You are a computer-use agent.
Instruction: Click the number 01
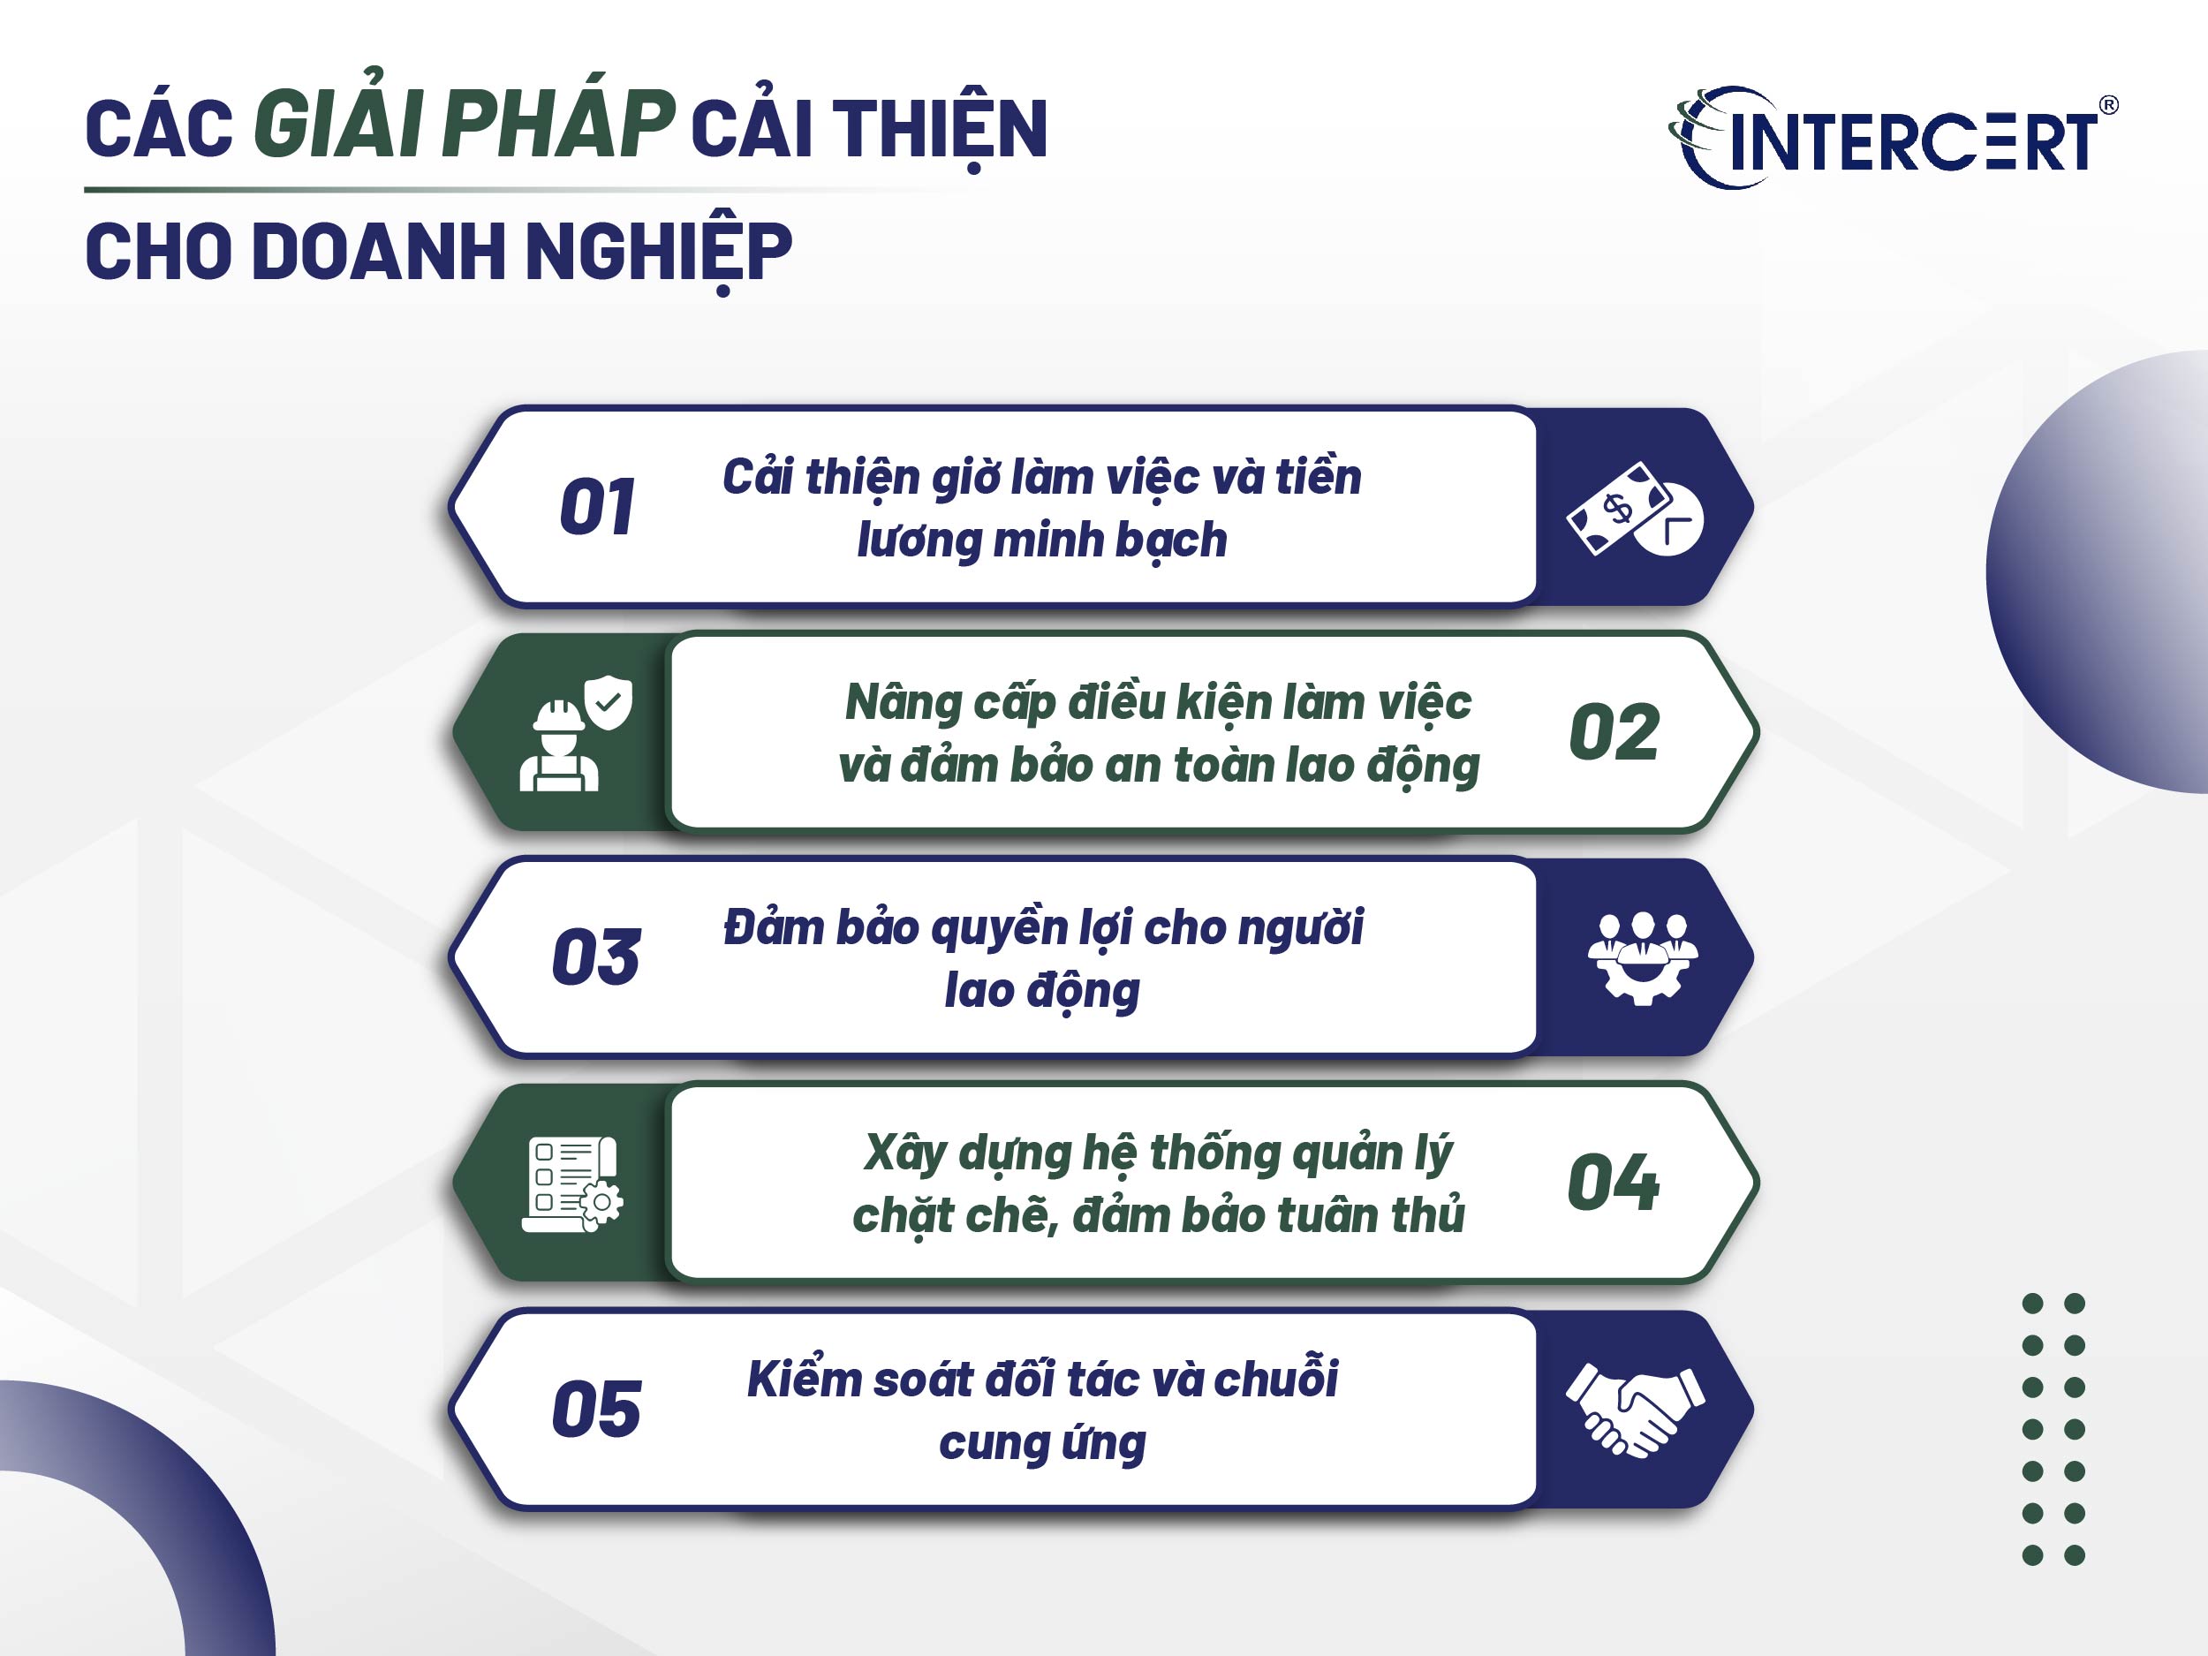(597, 507)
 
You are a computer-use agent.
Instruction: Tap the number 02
(1614, 731)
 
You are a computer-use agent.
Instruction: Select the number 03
(596, 957)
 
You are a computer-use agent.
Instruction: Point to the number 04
(1613, 1183)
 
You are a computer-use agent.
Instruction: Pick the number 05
(596, 1409)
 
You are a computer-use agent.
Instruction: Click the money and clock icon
(1634, 508)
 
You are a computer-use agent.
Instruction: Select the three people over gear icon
(1643, 957)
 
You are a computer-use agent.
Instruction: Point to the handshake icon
(1635, 1410)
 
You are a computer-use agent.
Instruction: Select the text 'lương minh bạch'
(1042, 540)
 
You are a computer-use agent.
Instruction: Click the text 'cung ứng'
(1042, 1443)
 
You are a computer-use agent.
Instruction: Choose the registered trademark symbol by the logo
(2108, 105)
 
